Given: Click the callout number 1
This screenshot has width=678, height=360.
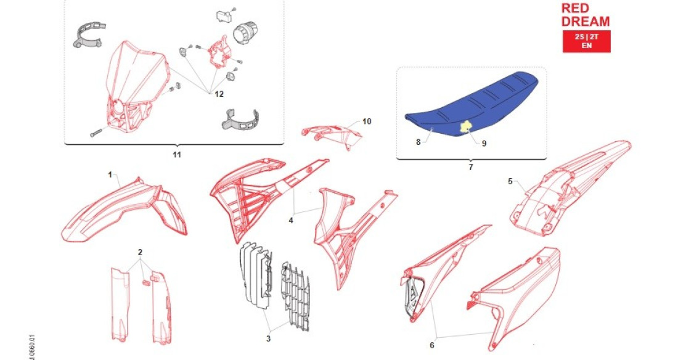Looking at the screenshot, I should [111, 175].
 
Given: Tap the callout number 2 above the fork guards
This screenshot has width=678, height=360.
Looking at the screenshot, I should [140, 253].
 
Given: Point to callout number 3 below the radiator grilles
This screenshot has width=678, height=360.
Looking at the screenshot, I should [268, 338].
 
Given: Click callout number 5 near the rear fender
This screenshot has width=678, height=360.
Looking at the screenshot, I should [510, 181].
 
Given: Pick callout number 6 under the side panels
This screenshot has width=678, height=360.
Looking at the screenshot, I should [432, 345].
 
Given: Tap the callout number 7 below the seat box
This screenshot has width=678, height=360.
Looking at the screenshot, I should [471, 167].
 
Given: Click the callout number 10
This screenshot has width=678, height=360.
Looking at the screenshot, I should [367, 122].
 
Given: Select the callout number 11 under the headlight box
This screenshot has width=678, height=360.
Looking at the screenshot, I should [177, 154].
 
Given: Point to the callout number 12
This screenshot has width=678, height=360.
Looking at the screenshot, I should [219, 94].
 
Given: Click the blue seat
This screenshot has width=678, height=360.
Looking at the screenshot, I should [475, 99].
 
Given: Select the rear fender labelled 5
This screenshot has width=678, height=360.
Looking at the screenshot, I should [561, 191].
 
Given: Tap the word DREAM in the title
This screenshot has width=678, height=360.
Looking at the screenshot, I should [586, 22].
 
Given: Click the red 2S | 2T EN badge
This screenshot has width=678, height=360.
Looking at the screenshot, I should [586, 42].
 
